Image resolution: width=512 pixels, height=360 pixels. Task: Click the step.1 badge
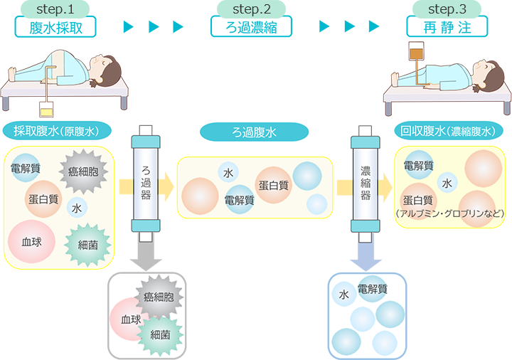[x=55, y=9]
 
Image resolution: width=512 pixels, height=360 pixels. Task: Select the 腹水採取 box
[x=55, y=27]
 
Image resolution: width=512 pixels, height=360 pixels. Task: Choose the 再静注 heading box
[x=448, y=27]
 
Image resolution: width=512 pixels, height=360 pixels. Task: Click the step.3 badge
[x=448, y=9]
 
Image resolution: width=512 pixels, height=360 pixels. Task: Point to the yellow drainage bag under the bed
[x=47, y=110]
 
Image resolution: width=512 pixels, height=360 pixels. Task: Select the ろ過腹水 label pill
[x=254, y=132]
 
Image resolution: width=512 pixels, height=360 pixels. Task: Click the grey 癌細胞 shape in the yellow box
[x=87, y=171]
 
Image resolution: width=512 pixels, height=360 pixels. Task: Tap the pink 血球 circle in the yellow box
[x=32, y=242]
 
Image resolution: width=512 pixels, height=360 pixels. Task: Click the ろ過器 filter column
[x=146, y=181]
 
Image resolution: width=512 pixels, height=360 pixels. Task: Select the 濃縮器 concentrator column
[x=364, y=181]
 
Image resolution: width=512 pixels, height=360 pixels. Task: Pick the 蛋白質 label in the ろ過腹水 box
[x=273, y=185]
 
